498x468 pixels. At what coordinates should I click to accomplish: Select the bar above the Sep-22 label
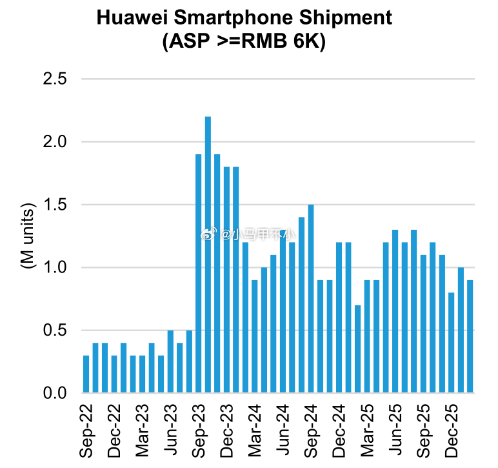[x=86, y=374]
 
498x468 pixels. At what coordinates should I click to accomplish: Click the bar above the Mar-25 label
[x=367, y=336]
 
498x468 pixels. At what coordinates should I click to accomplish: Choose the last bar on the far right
[x=470, y=336]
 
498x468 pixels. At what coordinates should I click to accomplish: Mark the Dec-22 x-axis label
[x=114, y=431]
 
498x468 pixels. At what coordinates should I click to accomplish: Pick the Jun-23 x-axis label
[x=170, y=431]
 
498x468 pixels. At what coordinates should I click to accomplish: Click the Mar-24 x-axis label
[x=255, y=431]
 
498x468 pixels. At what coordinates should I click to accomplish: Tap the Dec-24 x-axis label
[x=339, y=431]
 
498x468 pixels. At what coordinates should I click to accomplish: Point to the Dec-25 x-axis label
[x=451, y=431]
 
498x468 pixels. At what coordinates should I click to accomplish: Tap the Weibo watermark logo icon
[x=207, y=234]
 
